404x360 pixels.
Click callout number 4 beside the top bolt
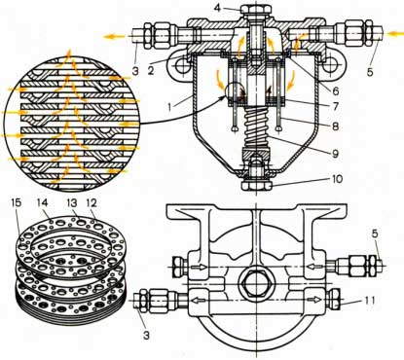click(218, 8)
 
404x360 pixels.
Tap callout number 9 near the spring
click(335, 153)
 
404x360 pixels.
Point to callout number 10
click(338, 179)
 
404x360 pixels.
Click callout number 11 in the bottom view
click(368, 301)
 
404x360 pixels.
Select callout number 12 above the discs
click(92, 203)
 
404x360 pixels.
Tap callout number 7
click(336, 106)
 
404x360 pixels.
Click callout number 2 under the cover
click(151, 70)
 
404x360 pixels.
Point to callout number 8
click(335, 126)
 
